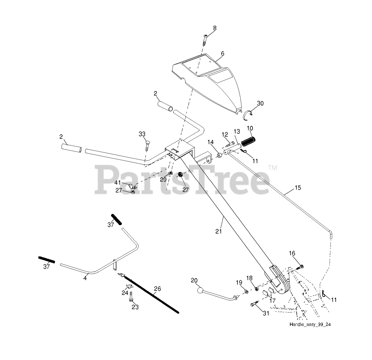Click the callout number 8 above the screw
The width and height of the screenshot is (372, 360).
click(215, 28)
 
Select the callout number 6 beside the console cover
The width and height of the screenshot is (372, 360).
click(222, 54)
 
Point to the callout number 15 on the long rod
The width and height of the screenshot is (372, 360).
click(298, 188)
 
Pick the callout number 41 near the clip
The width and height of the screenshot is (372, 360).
click(117, 183)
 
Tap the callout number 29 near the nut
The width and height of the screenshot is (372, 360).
click(163, 179)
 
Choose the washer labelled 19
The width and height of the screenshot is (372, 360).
click(238, 291)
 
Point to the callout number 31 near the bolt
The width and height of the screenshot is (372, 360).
click(266, 313)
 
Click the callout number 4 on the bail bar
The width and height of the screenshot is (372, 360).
click(85, 278)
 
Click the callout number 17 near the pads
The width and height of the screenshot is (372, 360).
click(272, 300)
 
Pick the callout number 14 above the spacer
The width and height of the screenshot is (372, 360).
click(210, 142)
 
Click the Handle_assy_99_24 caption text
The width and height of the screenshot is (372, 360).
click(310, 325)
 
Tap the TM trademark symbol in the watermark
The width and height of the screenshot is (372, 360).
click(272, 167)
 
